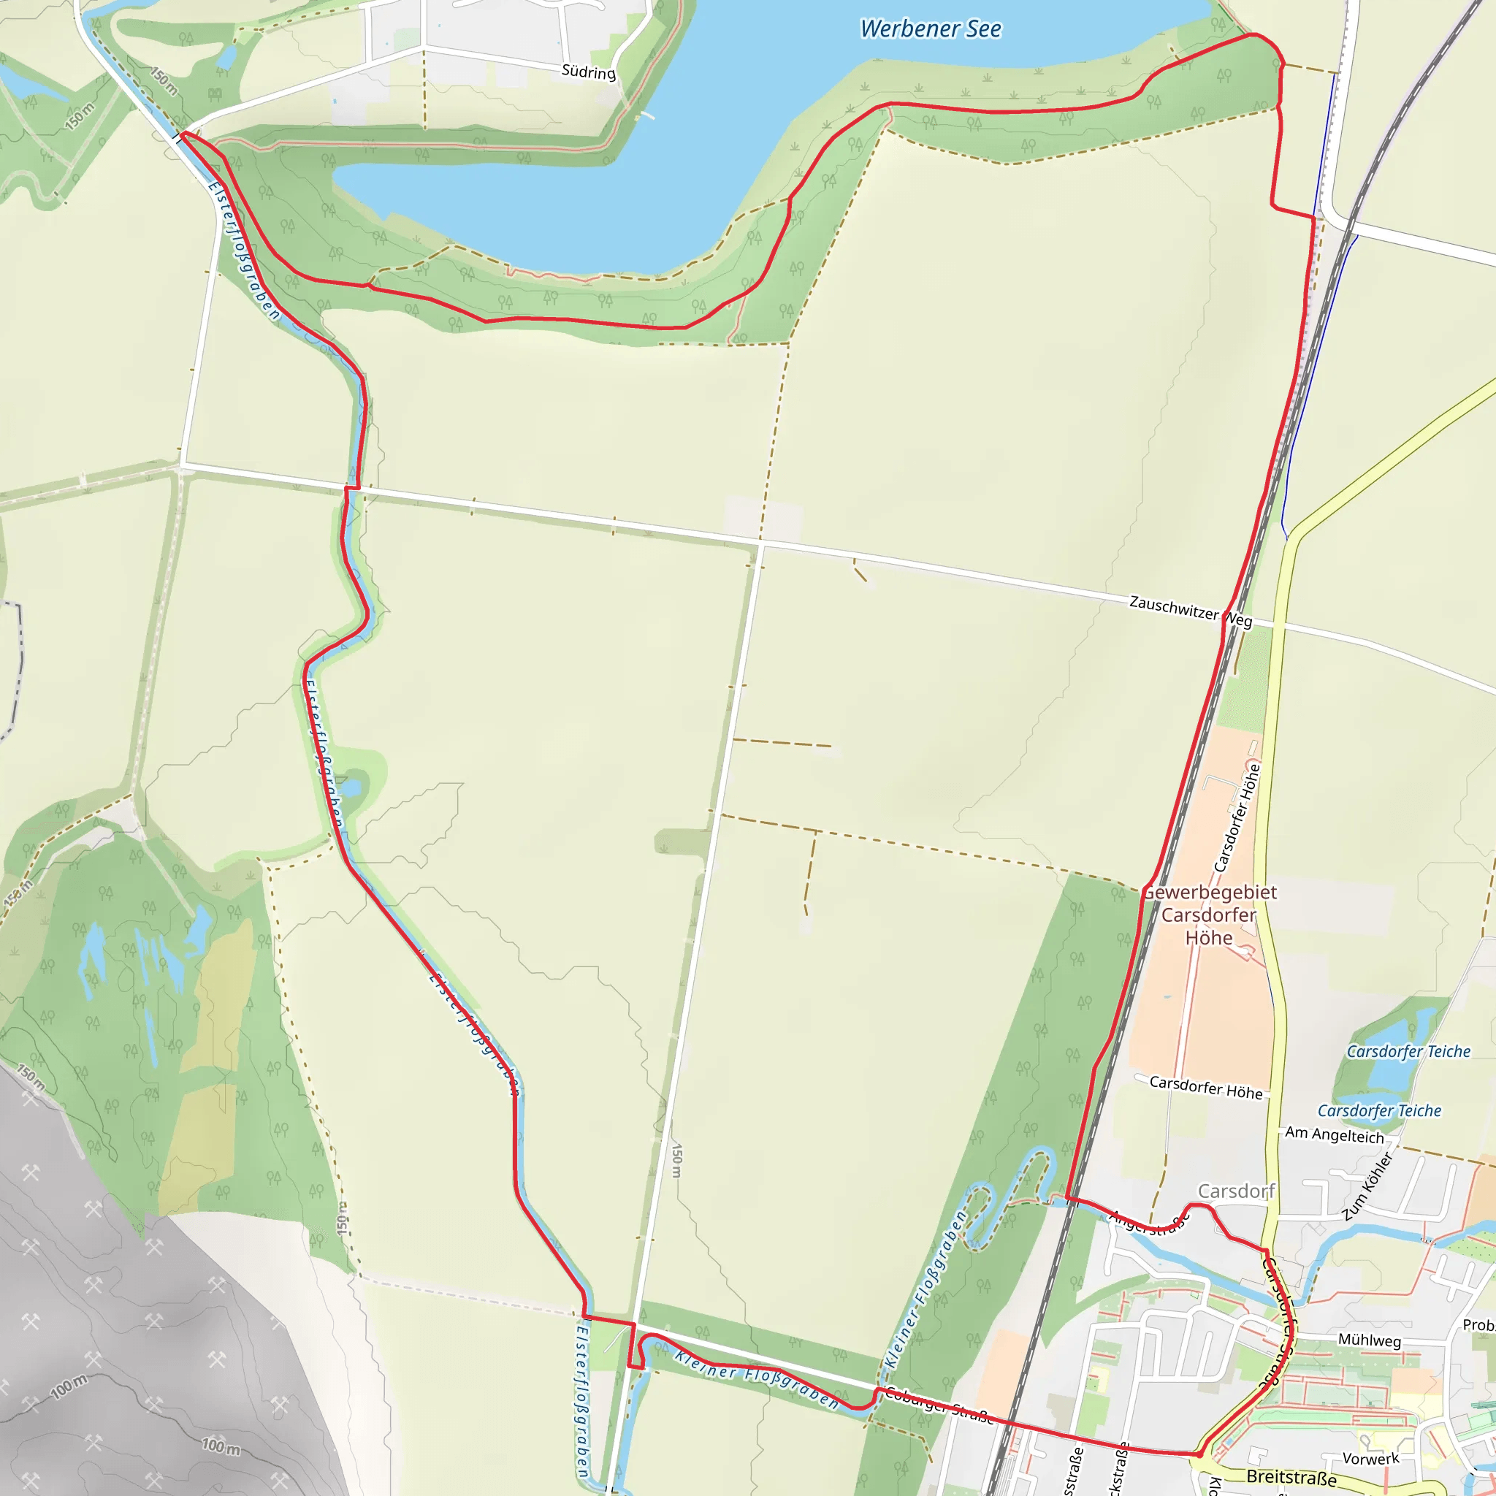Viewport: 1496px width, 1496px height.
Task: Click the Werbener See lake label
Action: click(930, 29)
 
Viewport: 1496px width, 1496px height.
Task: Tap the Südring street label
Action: click(589, 72)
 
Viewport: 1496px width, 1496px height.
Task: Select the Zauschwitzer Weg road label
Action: click(1190, 611)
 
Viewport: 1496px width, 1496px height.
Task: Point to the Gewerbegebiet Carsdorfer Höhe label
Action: click(1209, 915)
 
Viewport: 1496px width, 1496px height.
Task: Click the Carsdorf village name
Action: click(1236, 1191)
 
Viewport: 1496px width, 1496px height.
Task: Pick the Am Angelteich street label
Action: click(1334, 1135)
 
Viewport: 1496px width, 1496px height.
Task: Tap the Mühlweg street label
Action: click(1369, 1340)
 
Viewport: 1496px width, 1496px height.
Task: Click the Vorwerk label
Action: click(1370, 1459)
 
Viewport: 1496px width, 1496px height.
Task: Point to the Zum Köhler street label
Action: click(1368, 1186)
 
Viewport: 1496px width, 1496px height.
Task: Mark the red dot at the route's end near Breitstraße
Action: click(1199, 1455)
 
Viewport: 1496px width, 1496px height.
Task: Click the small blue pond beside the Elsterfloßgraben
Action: click(351, 789)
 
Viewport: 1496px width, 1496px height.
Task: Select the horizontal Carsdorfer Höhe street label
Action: click(1205, 1087)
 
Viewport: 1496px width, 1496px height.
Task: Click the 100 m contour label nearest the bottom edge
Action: click(221, 1446)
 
